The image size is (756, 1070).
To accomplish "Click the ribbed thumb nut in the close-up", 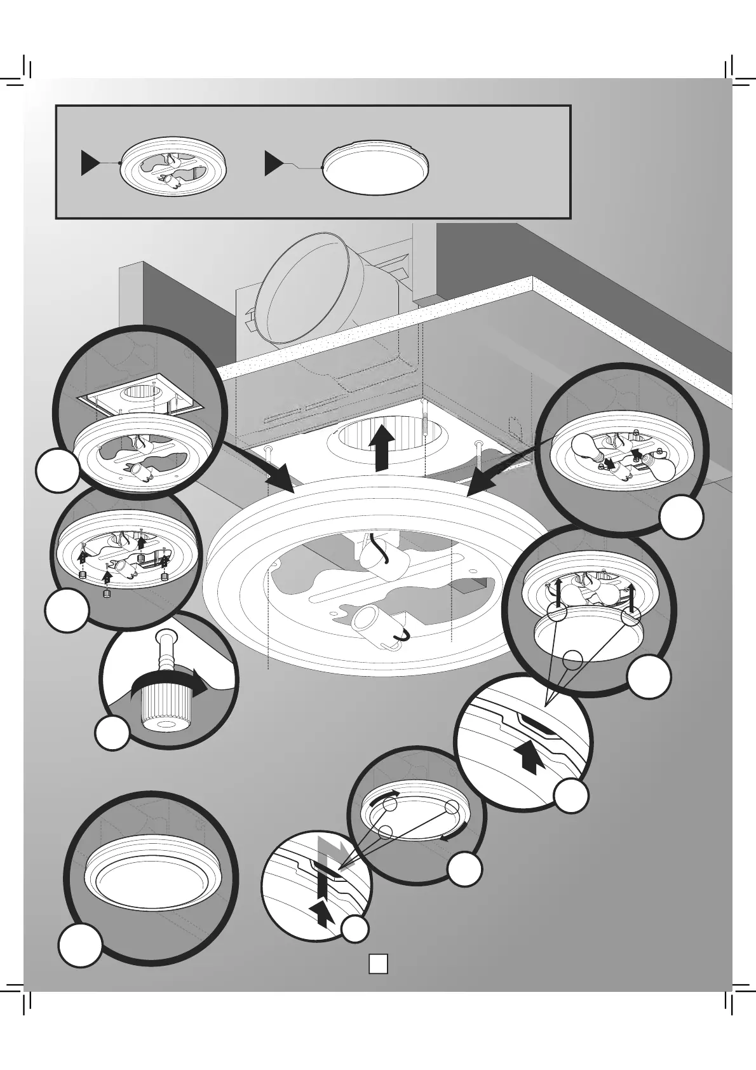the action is (x=158, y=708).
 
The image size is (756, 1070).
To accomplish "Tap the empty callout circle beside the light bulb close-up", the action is (x=681, y=517).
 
